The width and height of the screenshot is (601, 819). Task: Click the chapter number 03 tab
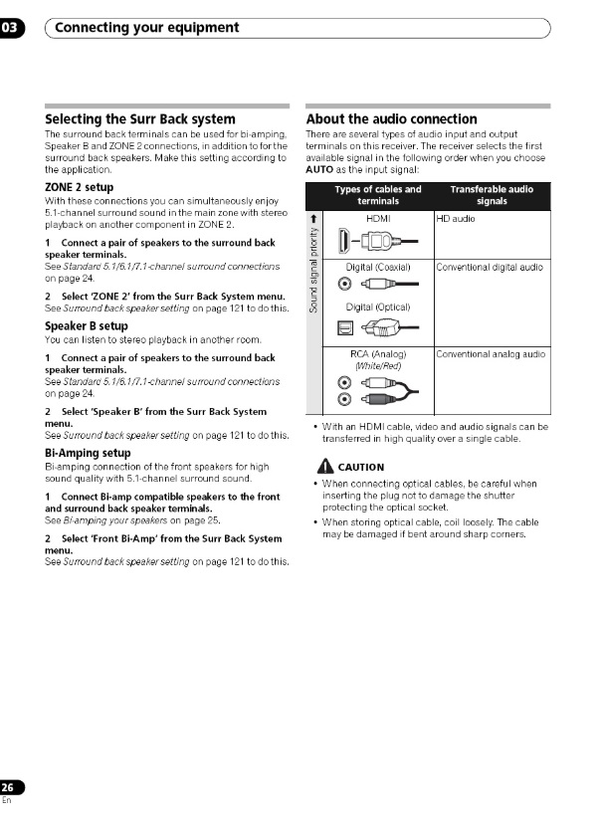tap(10, 28)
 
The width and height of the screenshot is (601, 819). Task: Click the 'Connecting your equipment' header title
tap(146, 28)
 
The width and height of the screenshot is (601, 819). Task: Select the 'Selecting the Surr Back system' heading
tap(140, 119)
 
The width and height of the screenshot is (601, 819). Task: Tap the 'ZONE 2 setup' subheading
tap(79, 187)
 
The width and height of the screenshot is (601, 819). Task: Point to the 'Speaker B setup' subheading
tap(86, 325)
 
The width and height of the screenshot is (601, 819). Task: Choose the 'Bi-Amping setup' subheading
tap(88, 453)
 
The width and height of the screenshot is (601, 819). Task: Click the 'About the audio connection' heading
tap(392, 119)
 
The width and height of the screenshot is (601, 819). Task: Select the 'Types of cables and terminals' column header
tap(377, 195)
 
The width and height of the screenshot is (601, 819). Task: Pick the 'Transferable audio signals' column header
tap(491, 195)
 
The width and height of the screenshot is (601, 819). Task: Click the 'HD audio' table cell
tap(457, 218)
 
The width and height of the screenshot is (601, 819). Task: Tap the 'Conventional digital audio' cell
tap(490, 267)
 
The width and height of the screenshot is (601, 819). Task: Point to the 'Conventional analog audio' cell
tap(491, 353)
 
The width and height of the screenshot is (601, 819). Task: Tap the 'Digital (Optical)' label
tap(377, 307)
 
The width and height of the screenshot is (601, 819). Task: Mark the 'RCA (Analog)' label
tap(378, 353)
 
